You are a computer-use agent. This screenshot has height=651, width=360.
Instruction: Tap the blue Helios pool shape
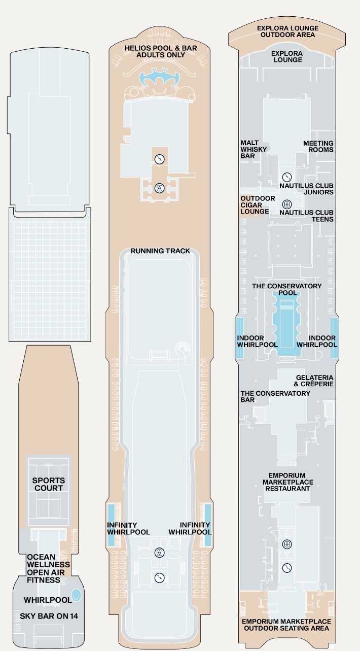[x=159, y=78]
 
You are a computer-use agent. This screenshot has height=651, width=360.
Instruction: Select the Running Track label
[x=160, y=251]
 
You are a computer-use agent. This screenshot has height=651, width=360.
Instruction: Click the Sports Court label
[x=49, y=484]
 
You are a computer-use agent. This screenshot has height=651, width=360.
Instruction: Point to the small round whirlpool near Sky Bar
[x=76, y=595]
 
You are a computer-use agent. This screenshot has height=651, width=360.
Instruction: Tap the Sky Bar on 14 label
[x=49, y=616]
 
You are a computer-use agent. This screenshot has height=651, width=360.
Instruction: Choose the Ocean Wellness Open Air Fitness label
[x=48, y=568]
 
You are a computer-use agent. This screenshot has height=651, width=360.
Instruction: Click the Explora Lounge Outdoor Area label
[x=287, y=31]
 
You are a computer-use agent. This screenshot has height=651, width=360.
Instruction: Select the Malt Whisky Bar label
[x=254, y=149]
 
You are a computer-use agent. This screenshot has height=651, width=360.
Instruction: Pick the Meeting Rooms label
[x=318, y=147]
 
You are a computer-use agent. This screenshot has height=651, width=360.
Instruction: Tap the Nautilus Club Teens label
[x=306, y=216]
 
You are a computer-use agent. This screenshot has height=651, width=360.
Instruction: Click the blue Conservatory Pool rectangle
[x=287, y=323]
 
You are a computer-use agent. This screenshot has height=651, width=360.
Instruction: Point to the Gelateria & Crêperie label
[x=314, y=381]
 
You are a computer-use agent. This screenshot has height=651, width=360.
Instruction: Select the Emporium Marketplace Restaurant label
[x=287, y=482]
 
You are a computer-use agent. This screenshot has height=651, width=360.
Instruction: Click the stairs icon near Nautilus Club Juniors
[x=287, y=177]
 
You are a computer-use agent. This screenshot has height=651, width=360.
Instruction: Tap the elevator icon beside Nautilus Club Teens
[x=287, y=204]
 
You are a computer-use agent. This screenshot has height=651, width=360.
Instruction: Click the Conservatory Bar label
[x=275, y=396]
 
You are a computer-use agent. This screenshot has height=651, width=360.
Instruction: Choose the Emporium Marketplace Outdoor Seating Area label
[x=286, y=625]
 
